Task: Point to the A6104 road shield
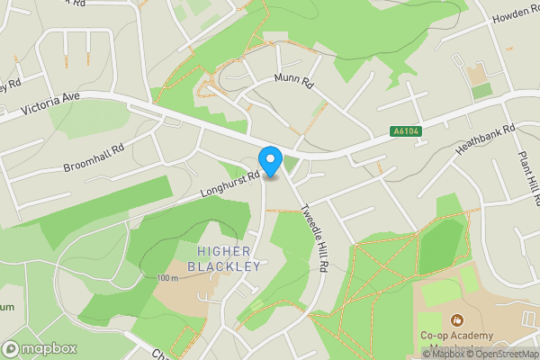(x=407, y=131)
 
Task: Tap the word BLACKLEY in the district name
(x=224, y=266)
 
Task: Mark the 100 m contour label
(x=168, y=278)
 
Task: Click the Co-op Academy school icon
(x=457, y=319)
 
